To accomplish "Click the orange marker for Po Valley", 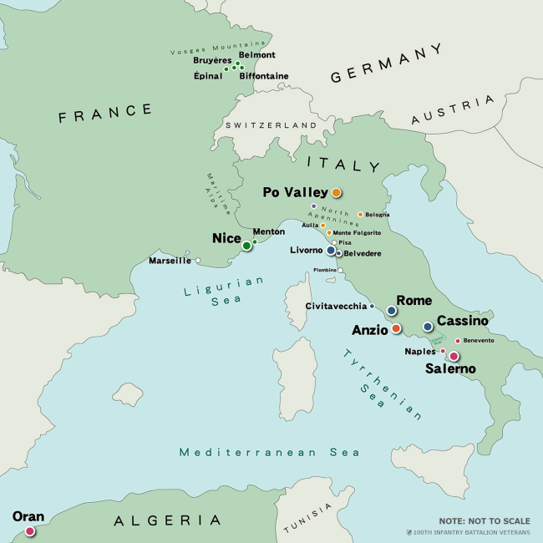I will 337,192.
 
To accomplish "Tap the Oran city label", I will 28,516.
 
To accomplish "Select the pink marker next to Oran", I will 30,531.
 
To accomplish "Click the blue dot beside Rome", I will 391,311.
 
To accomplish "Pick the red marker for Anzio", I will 396,329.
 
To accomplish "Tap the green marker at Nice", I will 246,246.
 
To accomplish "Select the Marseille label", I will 170,261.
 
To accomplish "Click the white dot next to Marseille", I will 198,261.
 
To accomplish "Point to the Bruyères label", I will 212,61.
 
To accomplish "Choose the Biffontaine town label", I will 264,76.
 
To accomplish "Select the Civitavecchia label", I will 336,307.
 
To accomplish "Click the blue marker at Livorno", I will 331,250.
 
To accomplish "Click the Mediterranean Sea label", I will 269,452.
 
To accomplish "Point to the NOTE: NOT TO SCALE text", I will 484,520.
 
